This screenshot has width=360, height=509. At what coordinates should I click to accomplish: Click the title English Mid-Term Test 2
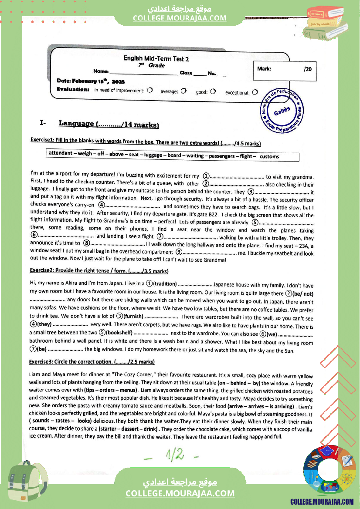[156, 59]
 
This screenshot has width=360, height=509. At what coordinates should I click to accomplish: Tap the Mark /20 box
[285, 69]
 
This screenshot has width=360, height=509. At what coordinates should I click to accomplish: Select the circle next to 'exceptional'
[255, 92]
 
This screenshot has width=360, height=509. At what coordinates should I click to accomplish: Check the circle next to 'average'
[183, 91]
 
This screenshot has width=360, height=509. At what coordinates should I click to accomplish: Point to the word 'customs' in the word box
[269, 157]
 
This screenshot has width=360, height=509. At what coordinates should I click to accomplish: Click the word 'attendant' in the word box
[61, 153]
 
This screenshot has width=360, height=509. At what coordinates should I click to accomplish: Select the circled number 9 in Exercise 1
[179, 252]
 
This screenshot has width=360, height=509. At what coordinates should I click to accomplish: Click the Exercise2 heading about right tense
[99, 271]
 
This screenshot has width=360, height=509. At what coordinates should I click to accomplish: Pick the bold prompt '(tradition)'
[164, 283]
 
